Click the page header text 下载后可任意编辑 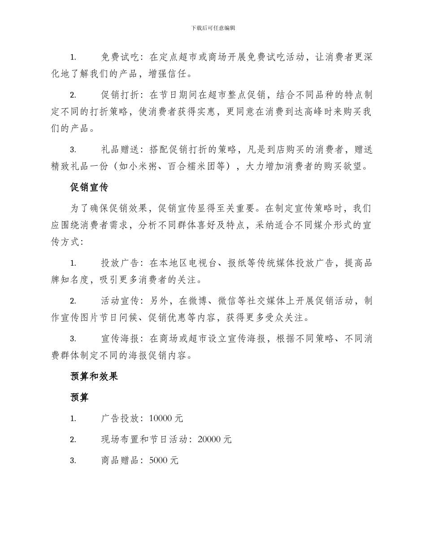(213, 28)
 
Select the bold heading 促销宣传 (89, 188)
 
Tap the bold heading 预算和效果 (94, 376)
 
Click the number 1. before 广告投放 (73, 418)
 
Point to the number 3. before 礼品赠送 (73, 150)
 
